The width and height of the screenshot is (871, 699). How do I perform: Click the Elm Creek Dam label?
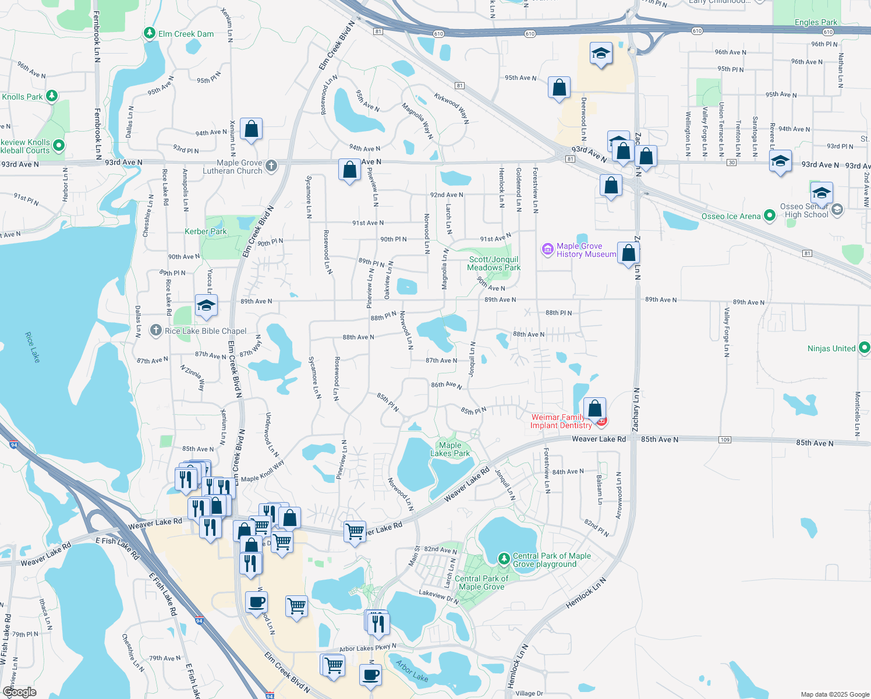(x=186, y=34)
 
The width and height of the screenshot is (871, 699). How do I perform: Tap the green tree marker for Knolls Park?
(x=52, y=96)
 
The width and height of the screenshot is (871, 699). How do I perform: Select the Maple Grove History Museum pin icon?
(x=547, y=249)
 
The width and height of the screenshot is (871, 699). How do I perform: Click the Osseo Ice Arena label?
(x=731, y=216)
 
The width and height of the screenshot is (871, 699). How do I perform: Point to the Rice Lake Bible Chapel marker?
(x=155, y=330)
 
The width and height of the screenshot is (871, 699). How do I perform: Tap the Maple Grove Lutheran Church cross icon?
(x=271, y=167)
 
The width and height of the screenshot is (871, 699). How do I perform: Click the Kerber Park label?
(x=206, y=231)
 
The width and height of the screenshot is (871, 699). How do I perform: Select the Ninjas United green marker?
(x=864, y=348)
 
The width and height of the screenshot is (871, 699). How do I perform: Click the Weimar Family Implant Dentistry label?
(x=560, y=421)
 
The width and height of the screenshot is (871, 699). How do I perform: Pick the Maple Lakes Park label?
(x=450, y=449)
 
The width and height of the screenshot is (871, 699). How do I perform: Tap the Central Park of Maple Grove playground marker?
(x=504, y=559)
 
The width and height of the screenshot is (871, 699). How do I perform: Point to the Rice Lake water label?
(x=33, y=347)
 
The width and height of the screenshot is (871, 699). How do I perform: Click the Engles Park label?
(x=816, y=22)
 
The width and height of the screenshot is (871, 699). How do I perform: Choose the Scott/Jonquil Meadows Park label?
(x=494, y=263)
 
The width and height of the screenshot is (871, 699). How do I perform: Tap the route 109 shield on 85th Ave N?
(x=725, y=439)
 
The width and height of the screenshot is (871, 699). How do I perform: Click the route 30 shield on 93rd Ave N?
(x=732, y=163)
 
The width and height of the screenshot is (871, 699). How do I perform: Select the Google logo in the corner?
(x=20, y=691)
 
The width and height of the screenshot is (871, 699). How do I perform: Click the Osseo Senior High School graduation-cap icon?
(x=821, y=192)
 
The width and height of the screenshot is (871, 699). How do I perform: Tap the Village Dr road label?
(x=529, y=693)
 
